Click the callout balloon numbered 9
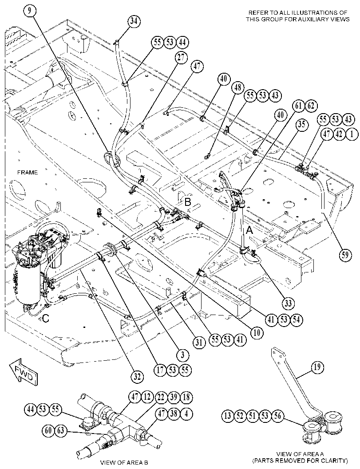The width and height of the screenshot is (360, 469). pyautogui.click(x=29, y=12)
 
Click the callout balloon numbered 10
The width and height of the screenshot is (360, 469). pyautogui.click(x=257, y=332)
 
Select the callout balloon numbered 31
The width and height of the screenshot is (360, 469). pyautogui.click(x=199, y=342)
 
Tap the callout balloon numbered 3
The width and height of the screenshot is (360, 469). pyautogui.click(x=182, y=355)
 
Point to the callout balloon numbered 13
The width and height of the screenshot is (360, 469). pyautogui.click(x=228, y=416)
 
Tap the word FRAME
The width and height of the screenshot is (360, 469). pyautogui.click(x=28, y=172)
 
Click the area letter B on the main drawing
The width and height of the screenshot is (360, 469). pyautogui.click(x=188, y=202)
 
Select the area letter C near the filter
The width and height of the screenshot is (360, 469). pyautogui.click(x=45, y=319)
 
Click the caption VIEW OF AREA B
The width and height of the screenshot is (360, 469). pyautogui.click(x=124, y=462)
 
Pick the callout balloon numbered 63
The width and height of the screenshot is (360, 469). pyautogui.click(x=61, y=431)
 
